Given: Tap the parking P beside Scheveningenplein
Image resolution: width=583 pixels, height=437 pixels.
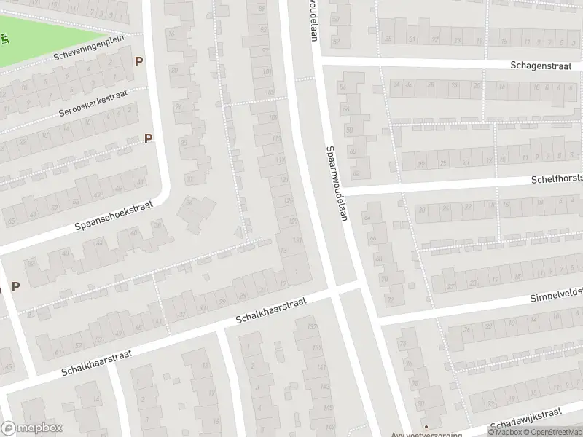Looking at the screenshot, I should [138, 62].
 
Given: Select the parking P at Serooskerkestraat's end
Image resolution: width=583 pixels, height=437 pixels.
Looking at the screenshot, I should [149, 138].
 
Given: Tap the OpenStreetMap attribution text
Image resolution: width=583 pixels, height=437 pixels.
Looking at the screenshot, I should [547, 431].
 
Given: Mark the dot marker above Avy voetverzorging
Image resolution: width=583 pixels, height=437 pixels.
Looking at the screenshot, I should [427, 427].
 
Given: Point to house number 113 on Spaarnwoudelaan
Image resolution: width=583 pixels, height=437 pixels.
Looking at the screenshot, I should [276, 138].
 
